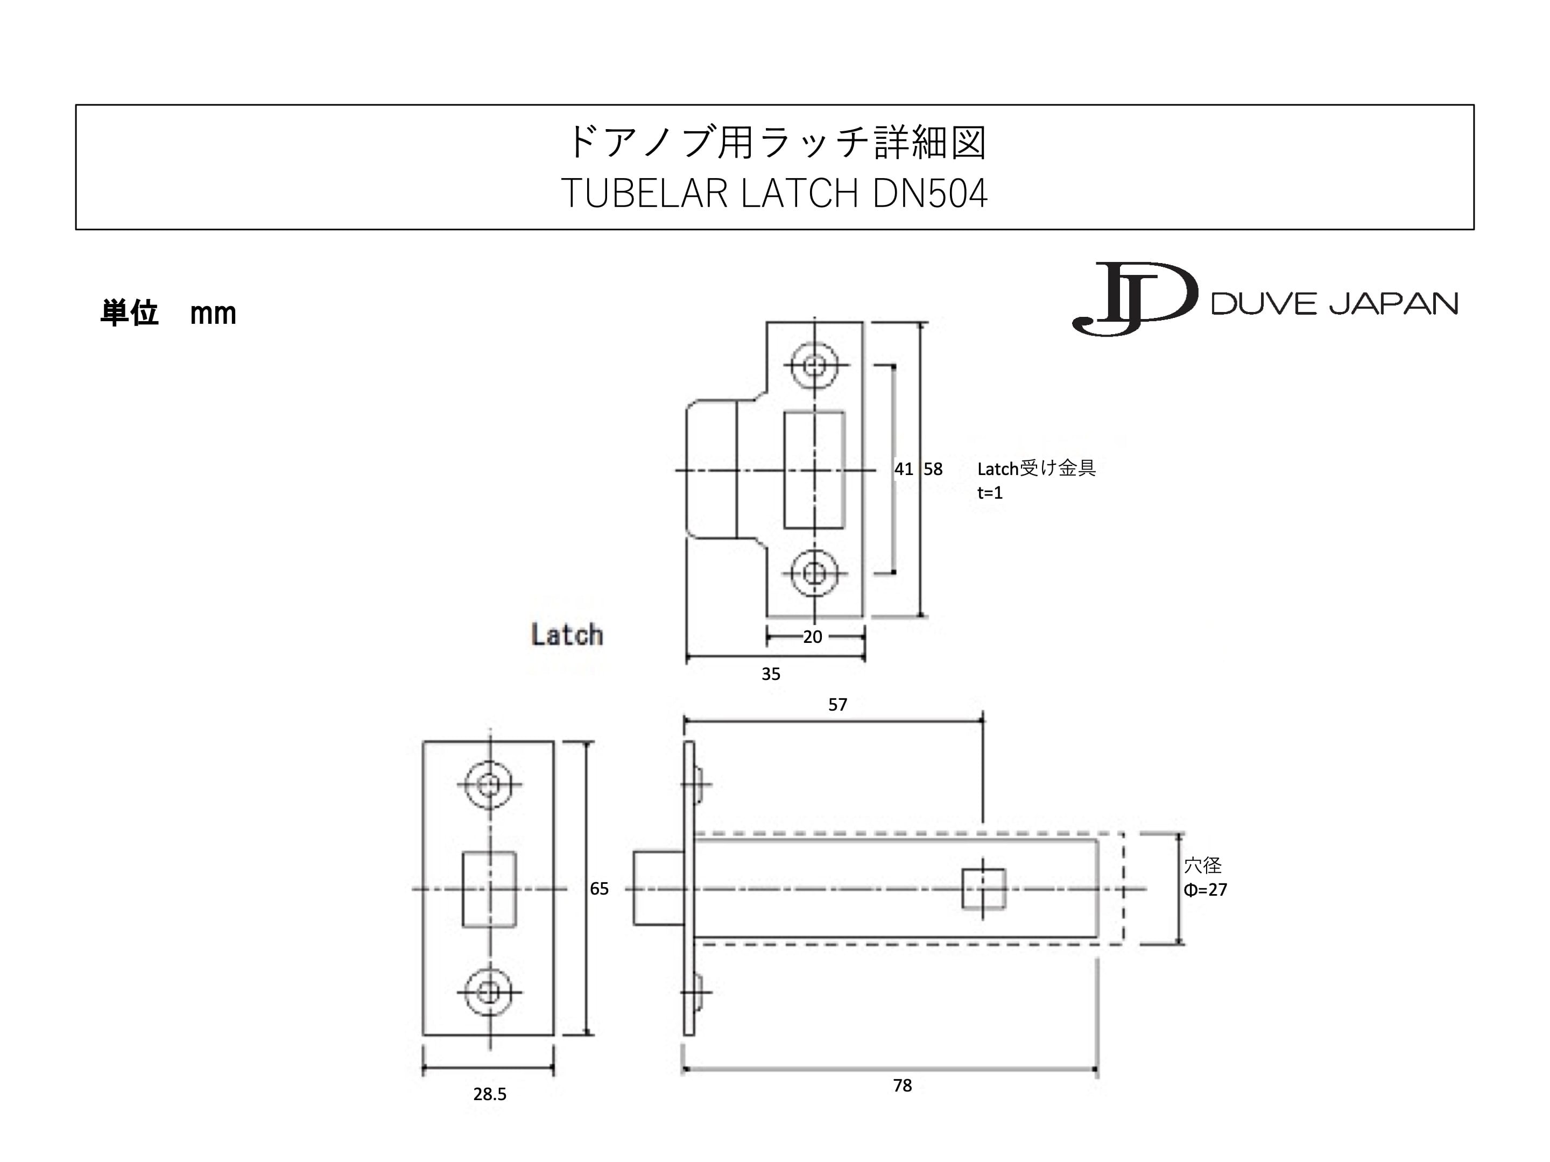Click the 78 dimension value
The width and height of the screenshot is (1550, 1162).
pyautogui.click(x=902, y=1085)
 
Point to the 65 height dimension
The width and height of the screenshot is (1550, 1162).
pyautogui.click(x=599, y=888)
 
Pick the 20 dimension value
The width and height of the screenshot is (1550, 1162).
pyautogui.click(x=812, y=637)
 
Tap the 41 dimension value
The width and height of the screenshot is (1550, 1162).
pyautogui.click(x=903, y=469)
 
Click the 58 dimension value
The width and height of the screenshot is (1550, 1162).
pyautogui.click(x=933, y=469)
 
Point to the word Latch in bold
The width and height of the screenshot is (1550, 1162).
pyautogui.click(x=566, y=635)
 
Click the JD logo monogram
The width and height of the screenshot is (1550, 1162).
pyautogui.click(x=1134, y=299)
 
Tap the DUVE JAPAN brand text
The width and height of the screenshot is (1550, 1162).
pyautogui.click(x=1334, y=304)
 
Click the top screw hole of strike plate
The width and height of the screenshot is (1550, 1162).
pyautogui.click(x=814, y=365)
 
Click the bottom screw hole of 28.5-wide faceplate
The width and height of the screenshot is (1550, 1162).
pyautogui.click(x=489, y=992)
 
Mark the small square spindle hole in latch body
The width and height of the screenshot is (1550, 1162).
pyautogui.click(x=983, y=888)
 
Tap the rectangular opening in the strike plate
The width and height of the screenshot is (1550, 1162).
pyautogui.click(x=814, y=470)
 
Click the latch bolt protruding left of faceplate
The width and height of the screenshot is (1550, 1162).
pyautogui.click(x=658, y=888)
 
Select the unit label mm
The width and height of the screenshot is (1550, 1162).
pyautogui.click(x=213, y=313)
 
